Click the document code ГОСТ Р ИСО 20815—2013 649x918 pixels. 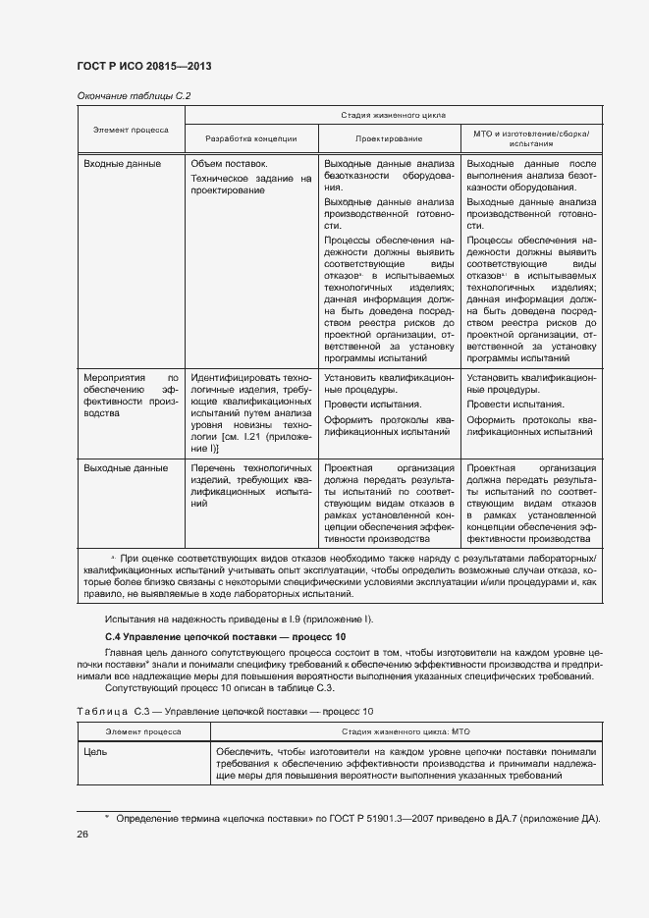click(143, 66)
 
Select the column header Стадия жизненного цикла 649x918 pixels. click(392, 115)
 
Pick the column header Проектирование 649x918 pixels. click(389, 138)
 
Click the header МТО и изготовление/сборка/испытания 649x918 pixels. click(531, 137)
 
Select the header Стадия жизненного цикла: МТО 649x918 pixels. click(404, 731)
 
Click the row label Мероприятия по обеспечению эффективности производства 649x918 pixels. click(131, 395)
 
